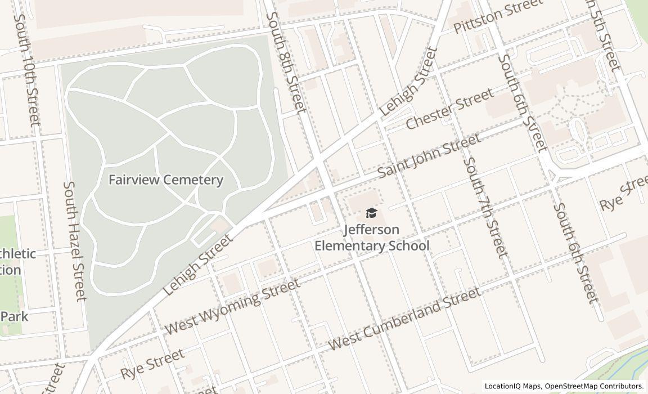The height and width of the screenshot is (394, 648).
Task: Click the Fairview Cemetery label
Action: click(165, 180)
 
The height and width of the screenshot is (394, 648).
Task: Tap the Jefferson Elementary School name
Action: click(371, 238)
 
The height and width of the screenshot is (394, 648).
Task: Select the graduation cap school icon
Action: click(371, 213)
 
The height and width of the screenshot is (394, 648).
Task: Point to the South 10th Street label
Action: click(26, 69)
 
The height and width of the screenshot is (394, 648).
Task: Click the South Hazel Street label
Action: click(75, 240)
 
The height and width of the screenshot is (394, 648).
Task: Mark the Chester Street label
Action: click(449, 109)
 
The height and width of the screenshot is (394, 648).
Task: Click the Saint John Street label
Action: click(429, 155)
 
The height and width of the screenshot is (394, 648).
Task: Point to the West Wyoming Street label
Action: click(232, 307)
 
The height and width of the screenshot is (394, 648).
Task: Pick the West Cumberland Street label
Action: click(404, 318)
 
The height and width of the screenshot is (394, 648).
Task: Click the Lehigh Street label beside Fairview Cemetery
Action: click(198, 265)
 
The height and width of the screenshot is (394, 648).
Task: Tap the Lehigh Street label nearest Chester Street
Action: click(409, 82)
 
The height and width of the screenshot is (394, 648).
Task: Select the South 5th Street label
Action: click(602, 35)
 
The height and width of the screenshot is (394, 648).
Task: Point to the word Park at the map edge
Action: click(14, 316)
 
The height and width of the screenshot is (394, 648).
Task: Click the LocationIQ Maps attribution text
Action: click(513, 386)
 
